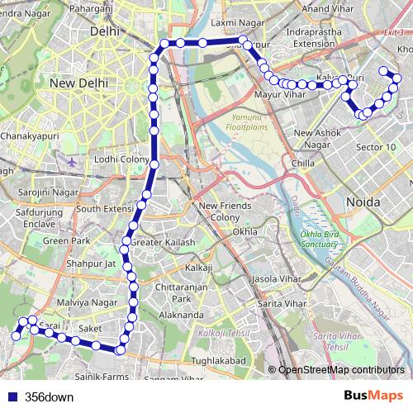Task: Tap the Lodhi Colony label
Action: [122, 159]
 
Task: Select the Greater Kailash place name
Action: [163, 243]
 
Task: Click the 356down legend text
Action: [49, 397]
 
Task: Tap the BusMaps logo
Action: [373, 396]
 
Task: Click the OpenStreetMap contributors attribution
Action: [341, 370]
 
